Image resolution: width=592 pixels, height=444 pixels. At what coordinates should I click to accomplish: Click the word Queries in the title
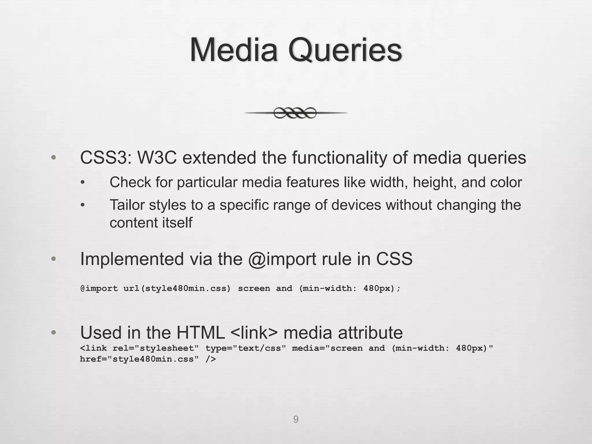tap(345, 51)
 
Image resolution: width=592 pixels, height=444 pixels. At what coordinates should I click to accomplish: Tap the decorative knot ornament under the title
tap(295, 113)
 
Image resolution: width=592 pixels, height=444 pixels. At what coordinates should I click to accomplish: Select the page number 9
tap(296, 419)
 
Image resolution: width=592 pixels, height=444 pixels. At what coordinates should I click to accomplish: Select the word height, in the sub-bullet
tap(435, 182)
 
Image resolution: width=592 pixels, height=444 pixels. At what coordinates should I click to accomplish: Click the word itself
tap(177, 223)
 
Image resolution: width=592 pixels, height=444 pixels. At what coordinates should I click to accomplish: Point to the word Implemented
tap(132, 259)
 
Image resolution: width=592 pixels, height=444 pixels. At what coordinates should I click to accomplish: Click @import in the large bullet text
tap(282, 259)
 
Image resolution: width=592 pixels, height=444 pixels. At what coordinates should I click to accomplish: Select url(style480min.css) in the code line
tap(177, 288)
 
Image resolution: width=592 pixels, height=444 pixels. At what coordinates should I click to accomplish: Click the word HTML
tap(201, 332)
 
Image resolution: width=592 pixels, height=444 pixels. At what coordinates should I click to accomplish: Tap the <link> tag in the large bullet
tap(254, 332)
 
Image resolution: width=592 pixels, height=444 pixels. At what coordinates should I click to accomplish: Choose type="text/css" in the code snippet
tap(246, 348)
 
